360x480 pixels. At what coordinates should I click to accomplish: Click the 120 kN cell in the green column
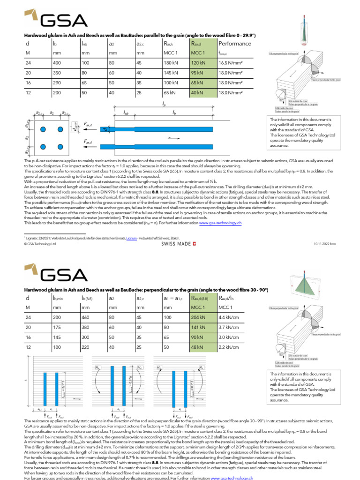coord(198,62)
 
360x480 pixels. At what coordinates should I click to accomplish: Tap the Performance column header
coord(235,43)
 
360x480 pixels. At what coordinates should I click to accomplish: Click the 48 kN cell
coord(197,347)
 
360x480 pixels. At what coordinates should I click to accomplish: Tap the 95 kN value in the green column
coord(197,72)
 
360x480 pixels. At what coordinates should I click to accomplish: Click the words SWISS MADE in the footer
coord(177,244)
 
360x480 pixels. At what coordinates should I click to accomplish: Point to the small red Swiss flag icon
coord(195,244)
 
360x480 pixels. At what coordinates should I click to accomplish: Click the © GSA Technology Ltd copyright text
coord(40,244)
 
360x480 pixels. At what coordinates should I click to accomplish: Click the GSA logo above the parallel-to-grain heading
coord(56,20)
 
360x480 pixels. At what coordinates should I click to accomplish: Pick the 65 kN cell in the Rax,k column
coord(170,92)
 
